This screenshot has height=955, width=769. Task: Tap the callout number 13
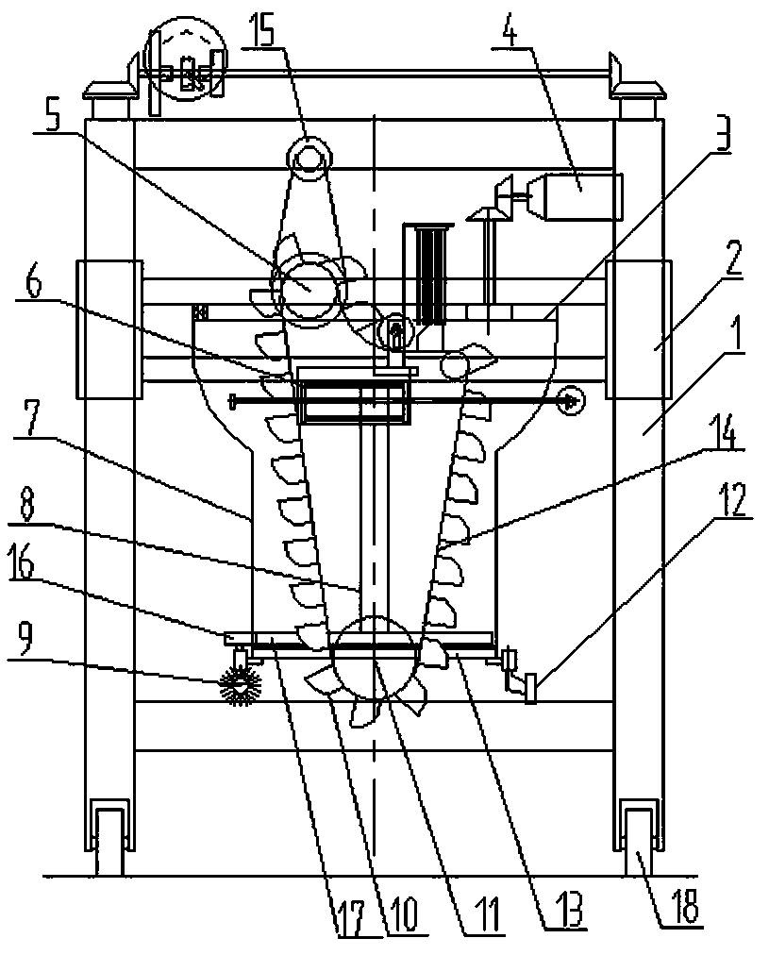point(564,912)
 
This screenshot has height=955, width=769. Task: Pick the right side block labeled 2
point(639,329)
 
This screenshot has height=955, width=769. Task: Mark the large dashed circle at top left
point(185,61)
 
